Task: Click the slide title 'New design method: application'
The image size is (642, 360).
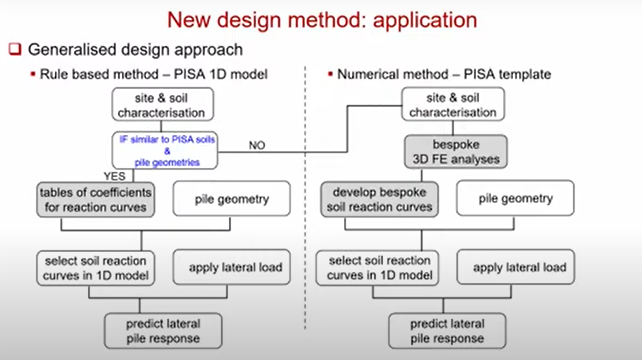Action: (322, 21)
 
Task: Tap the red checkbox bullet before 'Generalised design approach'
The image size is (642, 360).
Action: (16, 49)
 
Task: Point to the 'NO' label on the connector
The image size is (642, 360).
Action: (257, 146)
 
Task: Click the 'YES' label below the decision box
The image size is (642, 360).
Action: (114, 176)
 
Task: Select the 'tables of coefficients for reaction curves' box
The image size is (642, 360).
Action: (95, 199)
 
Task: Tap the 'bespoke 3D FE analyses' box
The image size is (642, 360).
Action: (455, 152)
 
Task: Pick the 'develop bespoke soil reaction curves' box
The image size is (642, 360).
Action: (379, 199)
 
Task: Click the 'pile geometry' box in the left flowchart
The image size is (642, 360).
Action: (232, 199)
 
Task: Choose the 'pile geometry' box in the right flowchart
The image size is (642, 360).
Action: (515, 199)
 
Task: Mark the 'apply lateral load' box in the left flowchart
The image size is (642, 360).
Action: (232, 267)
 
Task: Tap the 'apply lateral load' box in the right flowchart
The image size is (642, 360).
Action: (516, 267)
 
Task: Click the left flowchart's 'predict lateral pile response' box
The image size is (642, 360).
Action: (163, 331)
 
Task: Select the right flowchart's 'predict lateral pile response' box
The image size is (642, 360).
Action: (447, 331)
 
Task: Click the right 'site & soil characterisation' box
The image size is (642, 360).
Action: (453, 105)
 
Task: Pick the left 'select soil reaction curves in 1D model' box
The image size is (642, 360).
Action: (95, 268)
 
